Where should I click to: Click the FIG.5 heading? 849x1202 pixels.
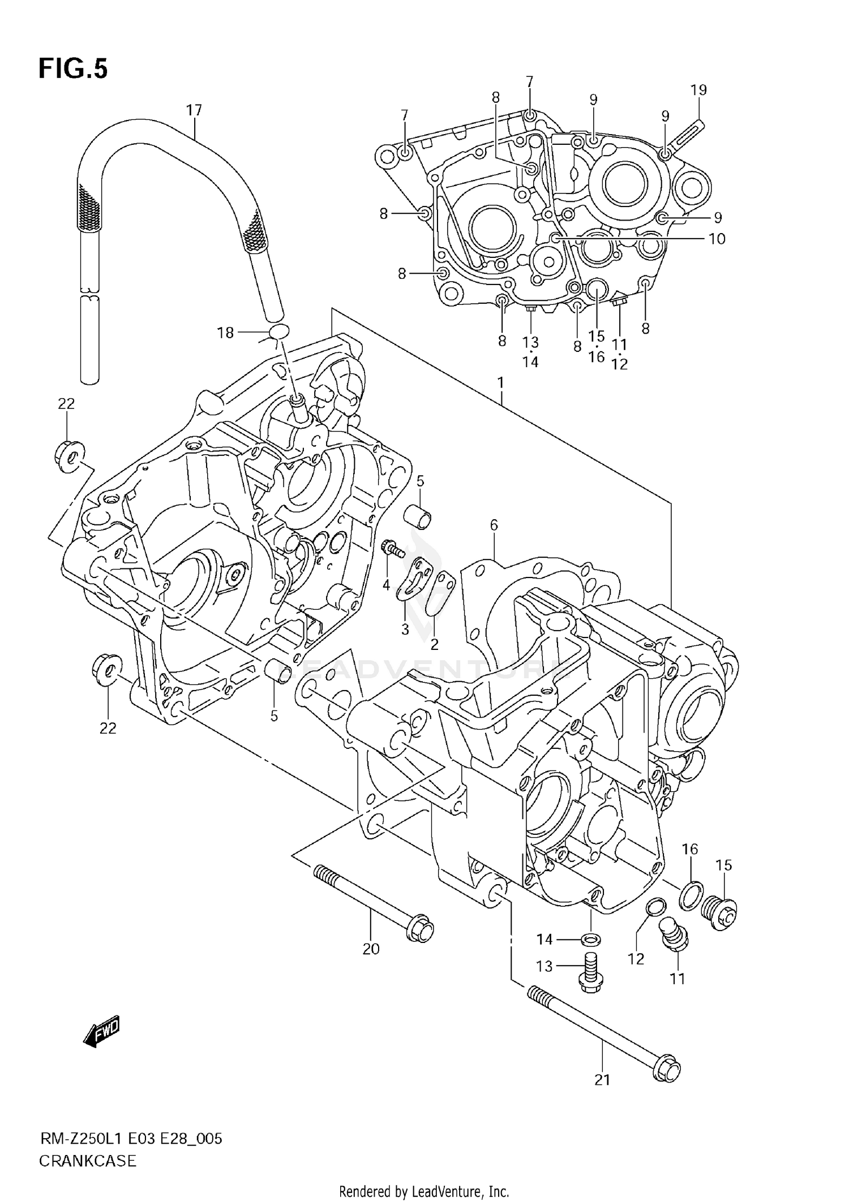pyautogui.click(x=73, y=69)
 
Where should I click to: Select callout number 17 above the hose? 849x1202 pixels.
pyautogui.click(x=194, y=110)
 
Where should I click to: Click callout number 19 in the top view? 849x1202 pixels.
pyautogui.click(x=698, y=90)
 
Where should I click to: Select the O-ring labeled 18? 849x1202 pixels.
pyautogui.click(x=277, y=332)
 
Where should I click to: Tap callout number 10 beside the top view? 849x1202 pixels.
pyautogui.click(x=717, y=239)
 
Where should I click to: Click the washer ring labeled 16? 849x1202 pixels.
pyautogui.click(x=691, y=898)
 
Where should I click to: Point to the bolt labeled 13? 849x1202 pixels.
pyautogui.click(x=590, y=972)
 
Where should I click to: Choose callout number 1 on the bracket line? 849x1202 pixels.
pyautogui.click(x=501, y=383)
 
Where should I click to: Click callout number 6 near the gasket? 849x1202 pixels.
pyautogui.click(x=494, y=525)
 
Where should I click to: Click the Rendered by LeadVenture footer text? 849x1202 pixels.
pyautogui.click(x=424, y=1192)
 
